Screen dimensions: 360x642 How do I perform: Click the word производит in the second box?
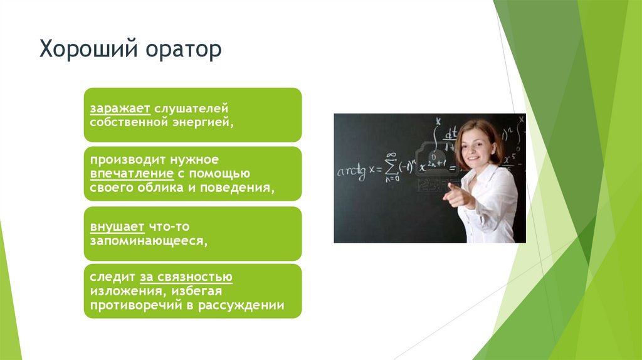tap(122, 161)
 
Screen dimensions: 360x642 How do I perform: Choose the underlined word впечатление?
tap(131, 174)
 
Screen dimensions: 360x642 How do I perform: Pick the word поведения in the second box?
tap(242, 188)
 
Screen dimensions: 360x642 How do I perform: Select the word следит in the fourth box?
tap(108, 278)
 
